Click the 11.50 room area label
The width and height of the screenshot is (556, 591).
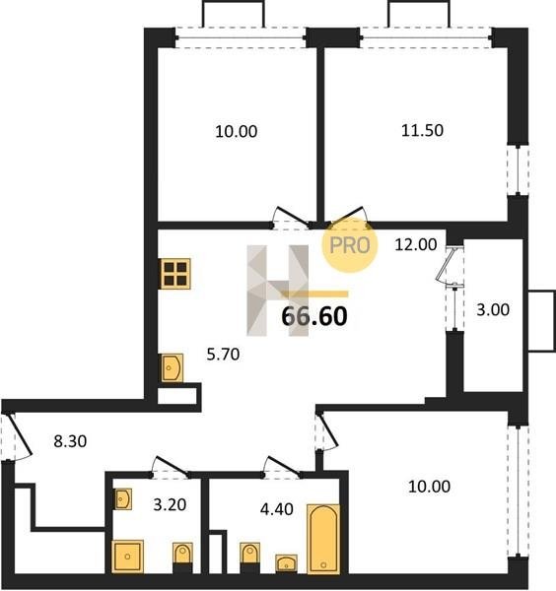pos(422,130)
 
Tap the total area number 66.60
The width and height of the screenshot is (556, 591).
pos(314,316)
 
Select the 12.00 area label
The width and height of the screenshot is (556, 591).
pos(416,244)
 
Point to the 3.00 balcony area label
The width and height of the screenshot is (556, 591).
pos(493,310)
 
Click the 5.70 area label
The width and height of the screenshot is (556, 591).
pos(223,355)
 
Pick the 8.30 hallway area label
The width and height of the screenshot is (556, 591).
pos(70,441)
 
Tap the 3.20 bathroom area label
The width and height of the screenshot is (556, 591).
pos(170,504)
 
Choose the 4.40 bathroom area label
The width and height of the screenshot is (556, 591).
pos(276,509)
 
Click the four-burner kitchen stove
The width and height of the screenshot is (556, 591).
pos(175,274)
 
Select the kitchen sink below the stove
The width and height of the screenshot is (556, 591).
pos(173,367)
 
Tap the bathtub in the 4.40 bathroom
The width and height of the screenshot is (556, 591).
pos(323,538)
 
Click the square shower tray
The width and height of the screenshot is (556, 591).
pos(127,557)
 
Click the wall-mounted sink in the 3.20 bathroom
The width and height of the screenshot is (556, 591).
pos(123,499)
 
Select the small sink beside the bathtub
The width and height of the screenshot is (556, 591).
pos(286,563)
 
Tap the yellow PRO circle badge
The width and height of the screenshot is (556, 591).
pos(350,245)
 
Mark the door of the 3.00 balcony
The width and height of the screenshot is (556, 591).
pos(450,264)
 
